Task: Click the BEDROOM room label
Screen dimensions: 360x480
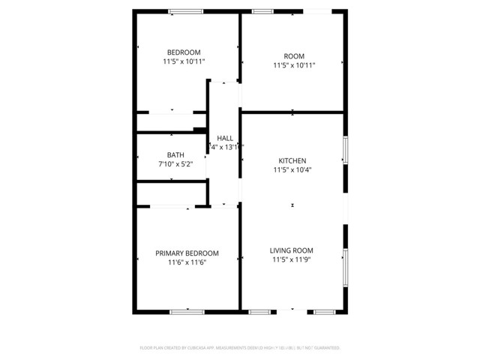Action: pos(184,52)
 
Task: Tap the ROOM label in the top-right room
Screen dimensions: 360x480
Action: pos(294,55)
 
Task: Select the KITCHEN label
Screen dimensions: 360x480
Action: pos(292,160)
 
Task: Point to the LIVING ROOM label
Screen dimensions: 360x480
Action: pos(292,250)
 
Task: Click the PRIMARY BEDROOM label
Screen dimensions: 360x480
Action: pos(187,253)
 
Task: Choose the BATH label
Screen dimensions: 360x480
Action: pos(175,155)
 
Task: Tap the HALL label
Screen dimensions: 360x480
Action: pos(225,138)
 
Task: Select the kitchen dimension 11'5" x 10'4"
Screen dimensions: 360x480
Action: pos(292,170)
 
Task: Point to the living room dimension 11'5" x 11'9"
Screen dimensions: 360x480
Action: pos(292,260)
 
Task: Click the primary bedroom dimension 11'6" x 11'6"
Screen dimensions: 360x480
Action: pos(187,263)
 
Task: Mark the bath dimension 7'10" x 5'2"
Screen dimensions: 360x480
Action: pos(175,164)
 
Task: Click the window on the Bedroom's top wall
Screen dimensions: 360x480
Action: pos(185,10)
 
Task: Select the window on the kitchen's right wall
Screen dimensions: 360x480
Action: pos(345,149)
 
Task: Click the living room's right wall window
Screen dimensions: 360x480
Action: pos(345,268)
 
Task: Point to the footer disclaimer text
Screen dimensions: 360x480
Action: pos(240,348)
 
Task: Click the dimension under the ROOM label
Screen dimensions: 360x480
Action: pos(294,65)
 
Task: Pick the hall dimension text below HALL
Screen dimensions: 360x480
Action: pos(225,147)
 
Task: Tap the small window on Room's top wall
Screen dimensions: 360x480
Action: pos(262,10)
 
